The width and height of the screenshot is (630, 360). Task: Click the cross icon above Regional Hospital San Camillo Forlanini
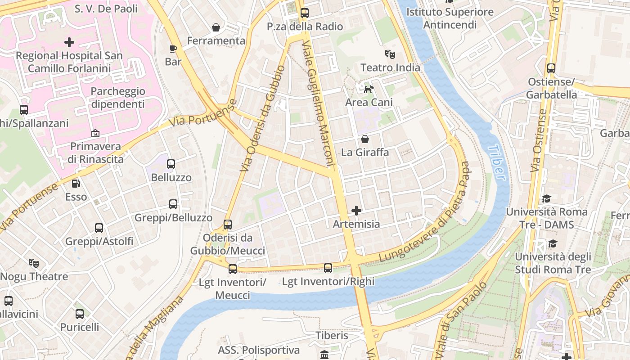pos(69,42)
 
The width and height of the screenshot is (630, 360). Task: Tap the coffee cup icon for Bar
pos(173,49)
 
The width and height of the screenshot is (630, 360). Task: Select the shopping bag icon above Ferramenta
pos(216,27)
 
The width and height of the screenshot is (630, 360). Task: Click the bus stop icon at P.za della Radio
pos(305,13)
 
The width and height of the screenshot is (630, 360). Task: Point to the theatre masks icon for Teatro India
pos(390,54)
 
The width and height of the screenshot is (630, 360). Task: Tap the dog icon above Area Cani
pos(369,89)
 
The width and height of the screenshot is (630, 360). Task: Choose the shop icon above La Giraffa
pos(364,139)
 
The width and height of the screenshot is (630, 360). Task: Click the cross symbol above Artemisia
pos(356,210)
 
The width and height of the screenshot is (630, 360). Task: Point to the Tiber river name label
pos(496,162)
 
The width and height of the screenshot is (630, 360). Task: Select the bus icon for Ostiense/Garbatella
pos(551,68)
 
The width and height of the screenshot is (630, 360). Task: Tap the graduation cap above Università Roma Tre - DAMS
pos(546,198)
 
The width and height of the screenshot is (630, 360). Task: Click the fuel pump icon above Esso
pos(76,184)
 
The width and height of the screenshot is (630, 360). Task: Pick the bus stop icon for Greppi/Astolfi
pos(99,228)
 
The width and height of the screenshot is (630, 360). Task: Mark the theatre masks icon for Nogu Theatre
pos(33,263)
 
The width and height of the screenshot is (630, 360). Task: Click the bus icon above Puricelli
pos(80,314)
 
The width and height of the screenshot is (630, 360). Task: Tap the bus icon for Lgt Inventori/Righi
pos(328,268)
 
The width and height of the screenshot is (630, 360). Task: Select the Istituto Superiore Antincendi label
pos(450,18)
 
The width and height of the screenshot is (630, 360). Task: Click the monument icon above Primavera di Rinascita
pos(95,133)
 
